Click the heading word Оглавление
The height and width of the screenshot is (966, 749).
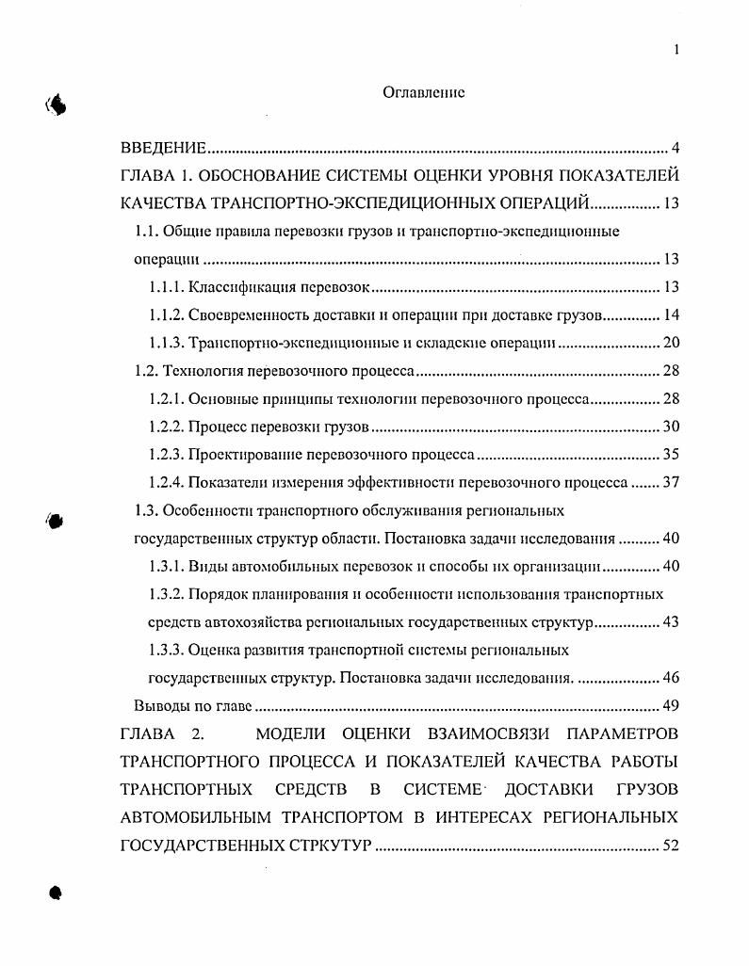(424, 92)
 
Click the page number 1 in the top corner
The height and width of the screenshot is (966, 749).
(676, 50)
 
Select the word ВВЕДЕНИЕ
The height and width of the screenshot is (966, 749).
(163, 148)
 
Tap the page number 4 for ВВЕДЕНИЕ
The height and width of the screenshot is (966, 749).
(675, 148)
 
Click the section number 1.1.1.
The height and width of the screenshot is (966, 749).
(166, 287)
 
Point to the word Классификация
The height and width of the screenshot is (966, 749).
(233, 287)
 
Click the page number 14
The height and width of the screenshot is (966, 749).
(671, 315)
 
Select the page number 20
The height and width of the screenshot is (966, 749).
(671, 343)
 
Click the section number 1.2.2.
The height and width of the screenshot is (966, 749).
(166, 427)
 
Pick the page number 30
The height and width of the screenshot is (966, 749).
(671, 427)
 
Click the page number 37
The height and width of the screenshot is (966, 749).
(671, 483)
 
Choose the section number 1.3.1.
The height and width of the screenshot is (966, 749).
(166, 567)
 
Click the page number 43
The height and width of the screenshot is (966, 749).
(671, 622)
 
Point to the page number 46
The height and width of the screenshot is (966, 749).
(671, 678)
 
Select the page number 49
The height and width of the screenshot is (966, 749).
(671, 706)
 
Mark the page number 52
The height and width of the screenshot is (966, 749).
(671, 845)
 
